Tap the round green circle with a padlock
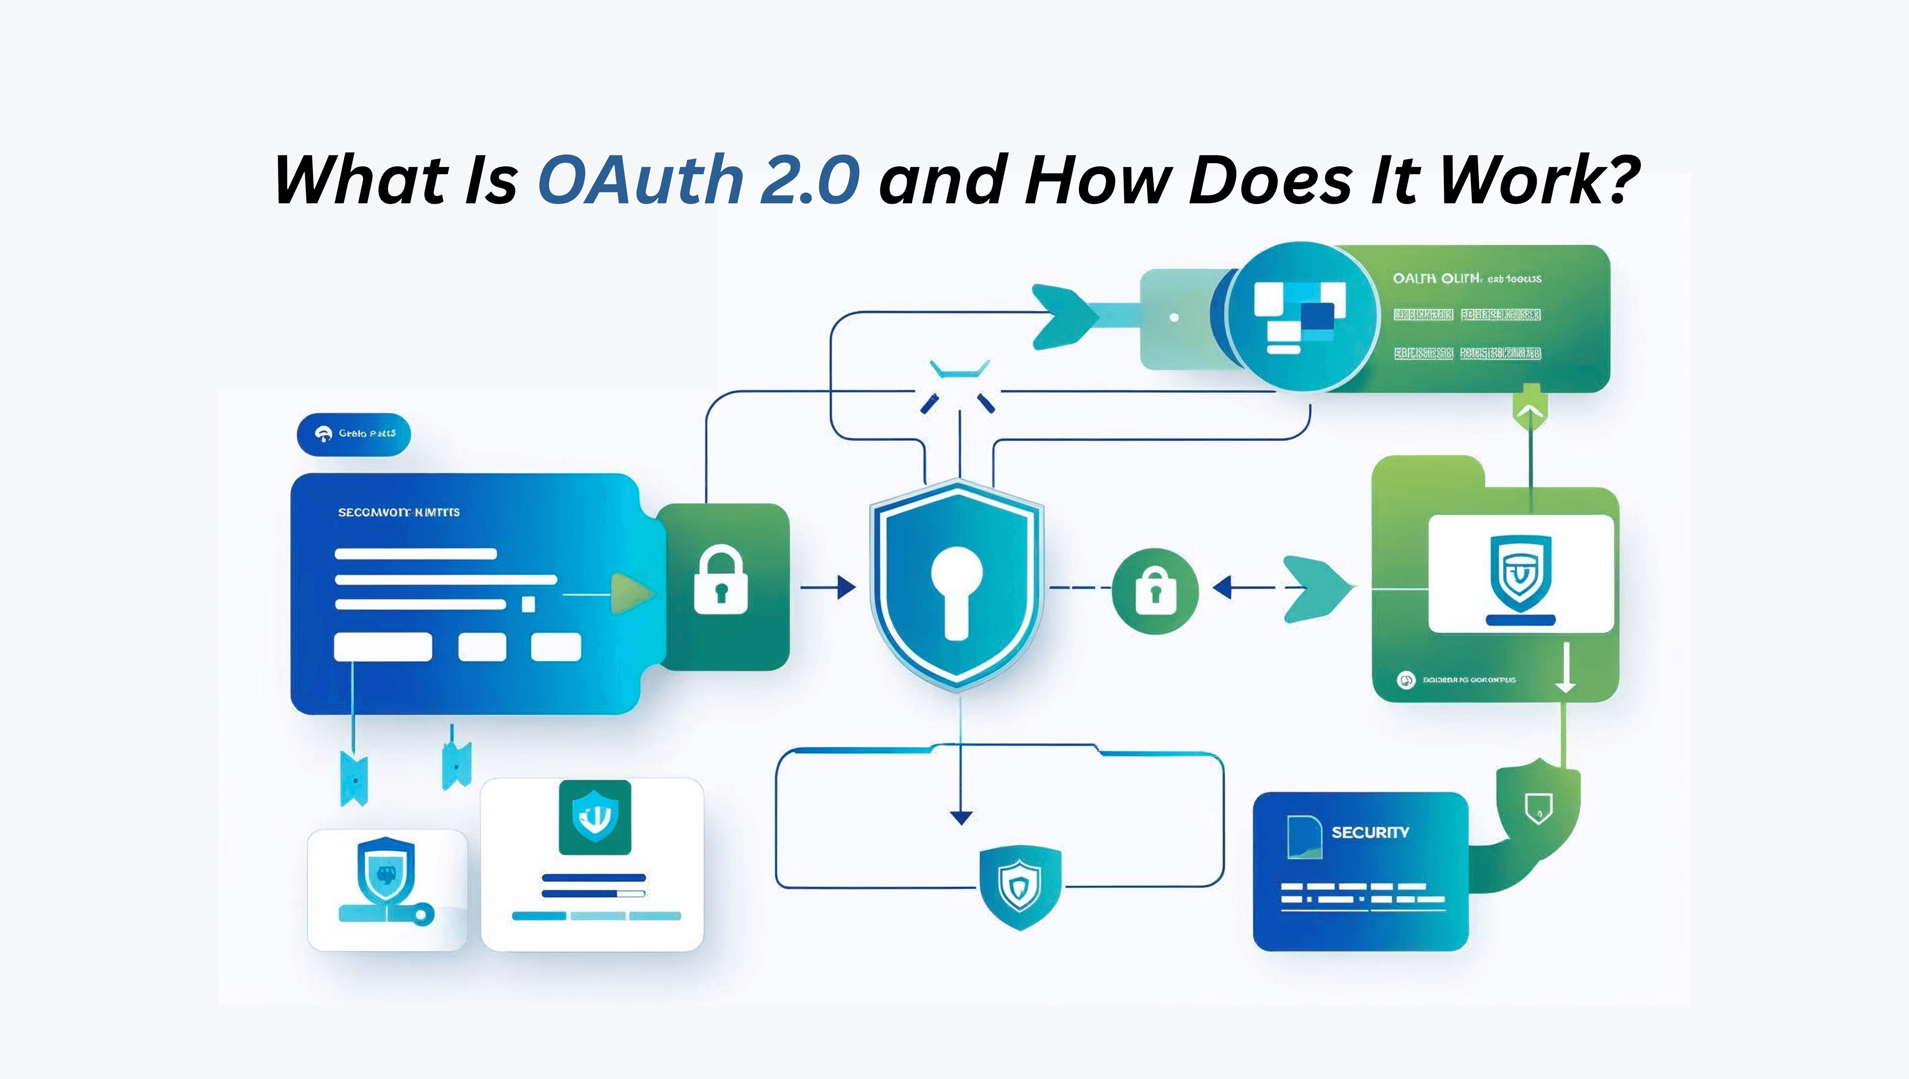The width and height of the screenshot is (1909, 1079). point(1154,591)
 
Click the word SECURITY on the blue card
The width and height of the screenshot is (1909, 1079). point(1369,832)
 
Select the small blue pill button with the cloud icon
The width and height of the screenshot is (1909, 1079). point(353,433)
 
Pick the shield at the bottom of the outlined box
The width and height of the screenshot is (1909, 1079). point(1020,887)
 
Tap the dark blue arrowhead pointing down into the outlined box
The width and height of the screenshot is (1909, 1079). point(961,818)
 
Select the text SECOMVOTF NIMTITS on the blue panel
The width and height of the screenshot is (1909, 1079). point(398,512)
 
